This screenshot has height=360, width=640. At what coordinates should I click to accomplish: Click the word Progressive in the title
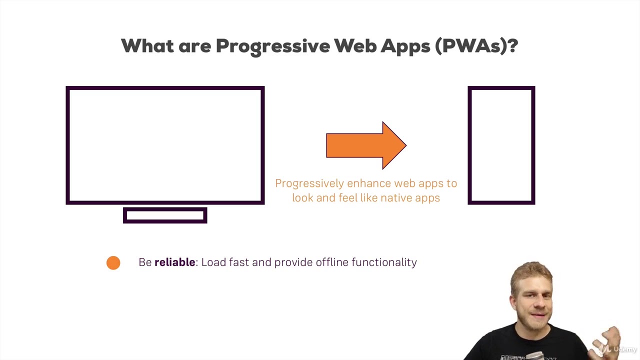coord(273,46)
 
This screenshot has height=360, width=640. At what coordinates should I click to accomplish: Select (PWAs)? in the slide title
coord(476,46)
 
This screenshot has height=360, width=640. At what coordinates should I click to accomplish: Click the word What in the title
coord(147,45)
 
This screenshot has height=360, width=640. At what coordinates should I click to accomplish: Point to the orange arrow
coord(366,145)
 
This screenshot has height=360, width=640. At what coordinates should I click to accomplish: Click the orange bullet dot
coord(113,263)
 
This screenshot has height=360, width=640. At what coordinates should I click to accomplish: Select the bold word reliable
coord(175,262)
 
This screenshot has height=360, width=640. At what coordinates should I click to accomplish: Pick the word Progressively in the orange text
coord(309,183)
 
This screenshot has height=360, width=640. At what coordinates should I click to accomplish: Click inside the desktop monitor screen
coord(165,145)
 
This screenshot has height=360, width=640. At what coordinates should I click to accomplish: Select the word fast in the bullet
coord(239,262)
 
